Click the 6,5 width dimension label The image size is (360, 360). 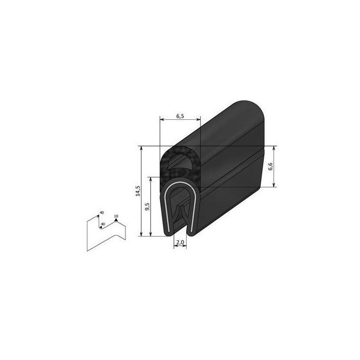coord(180,117)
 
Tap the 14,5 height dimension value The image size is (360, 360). coord(137,191)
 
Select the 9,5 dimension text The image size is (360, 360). coord(147,208)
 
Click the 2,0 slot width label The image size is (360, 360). coord(179,242)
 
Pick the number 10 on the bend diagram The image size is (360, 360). coord(116,216)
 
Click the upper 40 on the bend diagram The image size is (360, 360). coord(101,212)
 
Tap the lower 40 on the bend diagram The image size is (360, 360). coord(103,224)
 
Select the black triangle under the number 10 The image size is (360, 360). coord(116,221)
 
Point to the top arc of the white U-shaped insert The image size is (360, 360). coord(179,185)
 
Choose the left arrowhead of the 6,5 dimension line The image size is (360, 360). coord(161,120)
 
